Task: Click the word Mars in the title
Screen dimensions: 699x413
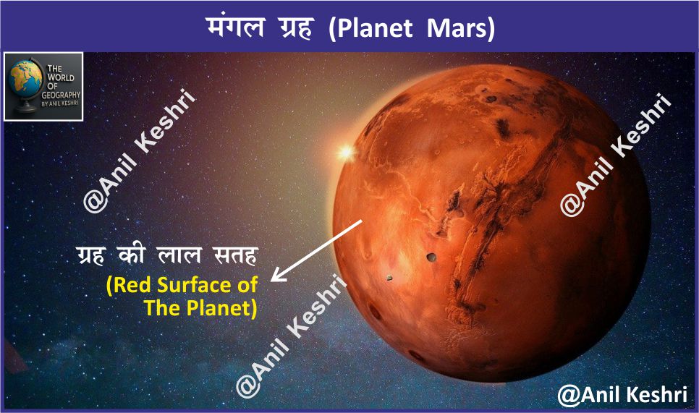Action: (x=461, y=29)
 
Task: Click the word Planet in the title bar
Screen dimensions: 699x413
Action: (x=375, y=29)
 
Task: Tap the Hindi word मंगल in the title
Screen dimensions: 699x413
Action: (x=236, y=27)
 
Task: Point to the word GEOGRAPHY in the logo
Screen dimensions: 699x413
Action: (x=61, y=95)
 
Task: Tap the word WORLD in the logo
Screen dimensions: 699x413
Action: (x=61, y=77)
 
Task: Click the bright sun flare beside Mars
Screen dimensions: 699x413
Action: (x=345, y=153)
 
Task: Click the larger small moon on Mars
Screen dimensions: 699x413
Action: (x=431, y=257)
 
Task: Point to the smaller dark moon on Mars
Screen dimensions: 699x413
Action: (x=389, y=278)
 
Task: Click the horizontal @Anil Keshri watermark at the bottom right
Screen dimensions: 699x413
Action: (x=622, y=395)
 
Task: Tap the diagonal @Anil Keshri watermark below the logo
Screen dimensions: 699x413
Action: (x=139, y=151)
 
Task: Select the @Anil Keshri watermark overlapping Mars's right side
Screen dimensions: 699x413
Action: (x=616, y=156)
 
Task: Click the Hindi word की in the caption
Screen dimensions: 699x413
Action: (x=132, y=255)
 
